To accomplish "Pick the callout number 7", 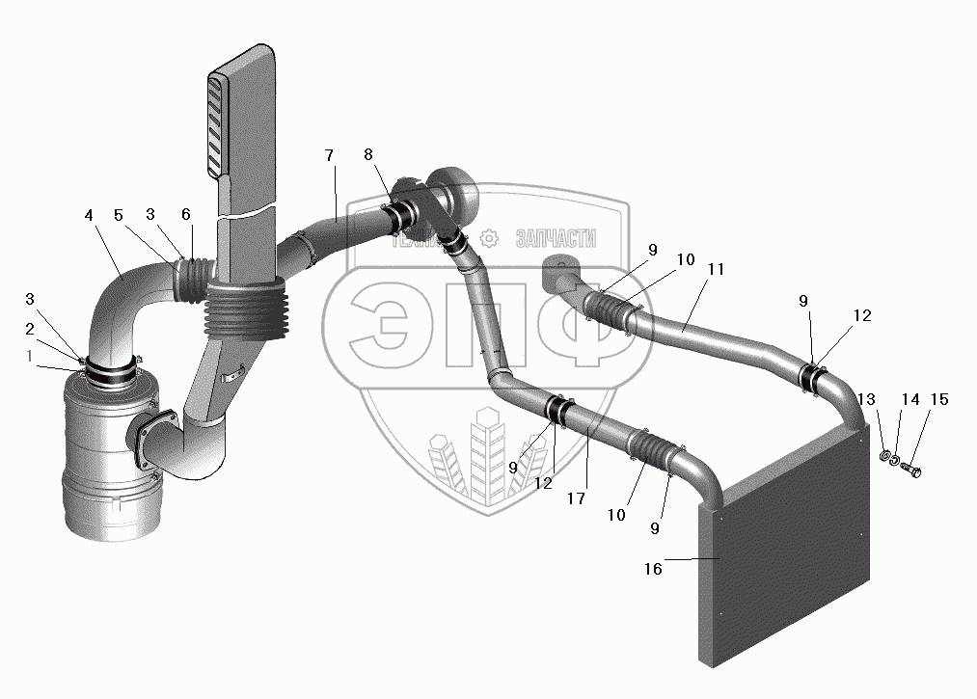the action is (x=329, y=155).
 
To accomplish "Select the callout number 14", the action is (x=910, y=399).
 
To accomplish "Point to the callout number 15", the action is (x=938, y=399).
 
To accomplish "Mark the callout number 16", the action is (x=654, y=569).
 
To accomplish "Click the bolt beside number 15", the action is (x=913, y=470).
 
